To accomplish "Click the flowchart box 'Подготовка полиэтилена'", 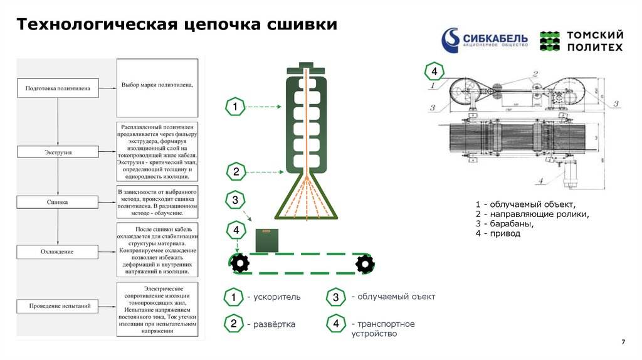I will pyautogui.click(x=58, y=88).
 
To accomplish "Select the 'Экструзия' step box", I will pyautogui.click(x=58, y=152).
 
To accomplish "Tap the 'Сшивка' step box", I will pyautogui.click(x=58, y=203).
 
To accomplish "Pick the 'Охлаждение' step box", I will pyautogui.click(x=58, y=252).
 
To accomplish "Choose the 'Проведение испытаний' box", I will pyautogui.click(x=58, y=307).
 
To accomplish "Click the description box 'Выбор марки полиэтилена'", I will pyautogui.click(x=157, y=85).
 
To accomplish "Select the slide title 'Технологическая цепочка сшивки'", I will pyautogui.click(x=177, y=24).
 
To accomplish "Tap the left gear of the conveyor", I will pyautogui.click(x=239, y=263).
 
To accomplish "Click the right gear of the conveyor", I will pyautogui.click(x=364, y=263).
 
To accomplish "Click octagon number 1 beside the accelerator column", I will pyautogui.click(x=234, y=108).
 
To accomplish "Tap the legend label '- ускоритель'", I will pyautogui.click(x=274, y=297).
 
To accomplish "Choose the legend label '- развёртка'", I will pyautogui.click(x=271, y=325).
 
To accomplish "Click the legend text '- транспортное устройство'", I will pyautogui.click(x=382, y=329).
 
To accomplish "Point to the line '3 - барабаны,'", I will pyautogui.click(x=505, y=224).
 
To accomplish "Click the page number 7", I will pyautogui.click(x=623, y=342).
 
